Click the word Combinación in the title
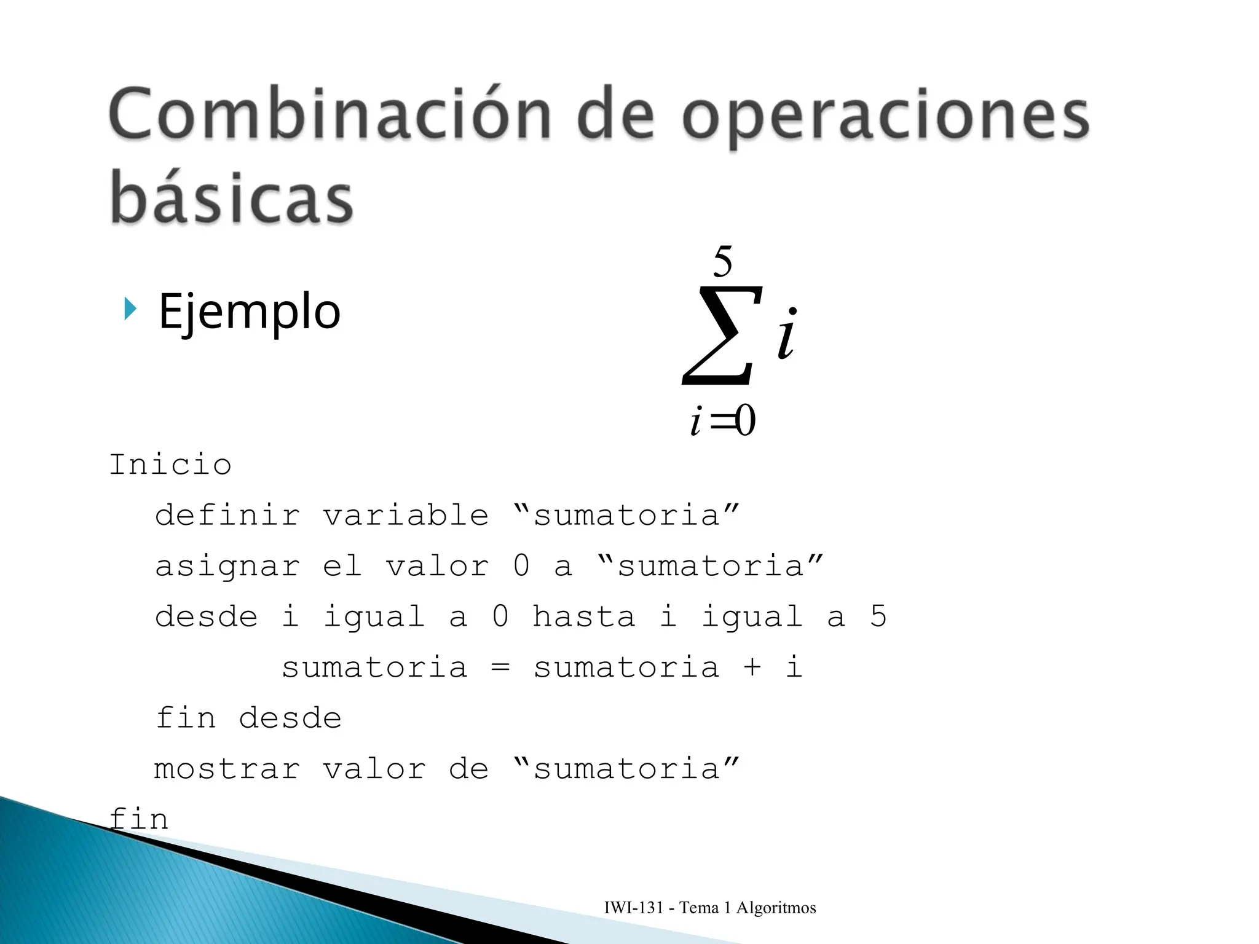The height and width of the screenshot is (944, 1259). [330, 115]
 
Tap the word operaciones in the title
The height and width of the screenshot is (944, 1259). [885, 117]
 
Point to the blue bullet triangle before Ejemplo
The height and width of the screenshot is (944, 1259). [130, 309]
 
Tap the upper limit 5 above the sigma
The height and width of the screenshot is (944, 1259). [722, 262]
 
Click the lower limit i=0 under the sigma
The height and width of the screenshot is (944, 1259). [723, 421]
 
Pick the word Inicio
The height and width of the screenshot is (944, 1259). [170, 465]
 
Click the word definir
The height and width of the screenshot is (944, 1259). [227, 515]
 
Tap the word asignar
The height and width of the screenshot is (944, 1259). [227, 566]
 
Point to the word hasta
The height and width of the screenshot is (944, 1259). [583, 616]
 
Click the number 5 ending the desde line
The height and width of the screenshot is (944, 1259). [878, 616]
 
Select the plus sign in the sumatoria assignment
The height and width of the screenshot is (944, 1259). [752, 667]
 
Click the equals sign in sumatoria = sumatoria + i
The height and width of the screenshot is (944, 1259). [500, 667]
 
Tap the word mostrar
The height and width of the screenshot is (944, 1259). [227, 769]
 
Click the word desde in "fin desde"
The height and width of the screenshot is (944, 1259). [290, 718]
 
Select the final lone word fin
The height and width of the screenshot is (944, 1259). [139, 819]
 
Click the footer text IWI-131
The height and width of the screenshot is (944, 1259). [634, 908]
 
